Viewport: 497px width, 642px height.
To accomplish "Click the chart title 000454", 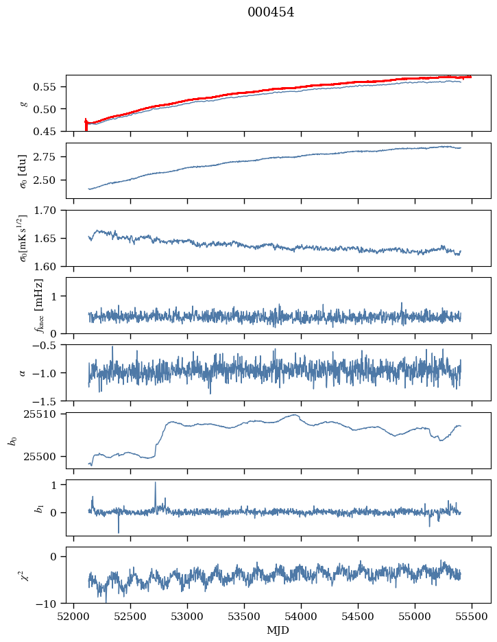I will click(x=271, y=12).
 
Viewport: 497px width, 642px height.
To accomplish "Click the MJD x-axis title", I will click(x=278, y=630).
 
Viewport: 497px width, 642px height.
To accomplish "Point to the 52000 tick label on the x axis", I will click(x=74, y=616).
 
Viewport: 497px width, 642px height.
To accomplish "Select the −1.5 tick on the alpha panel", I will click(x=48, y=401).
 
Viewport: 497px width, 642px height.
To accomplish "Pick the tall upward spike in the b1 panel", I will click(x=155, y=484).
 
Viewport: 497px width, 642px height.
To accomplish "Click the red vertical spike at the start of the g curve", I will click(x=86, y=124).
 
